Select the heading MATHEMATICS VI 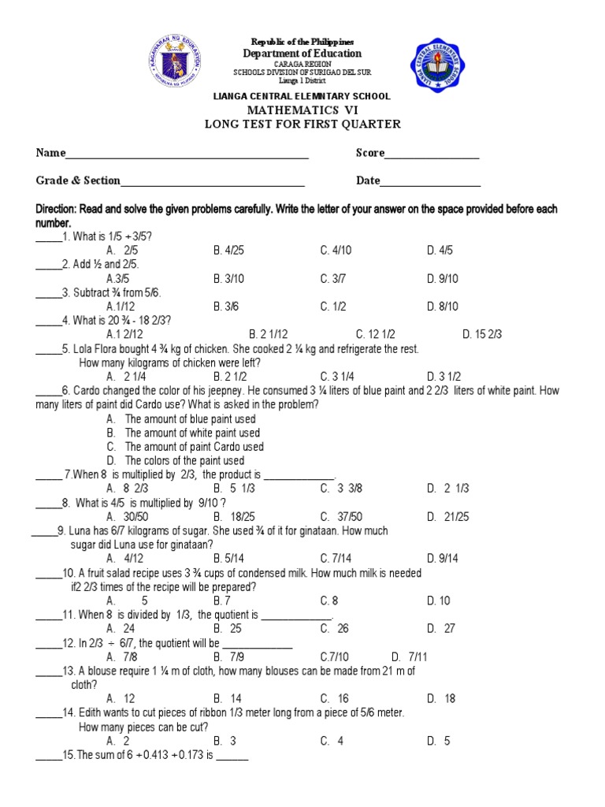[303, 110]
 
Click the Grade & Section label [77, 180]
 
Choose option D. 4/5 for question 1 [440, 250]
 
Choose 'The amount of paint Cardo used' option [194, 447]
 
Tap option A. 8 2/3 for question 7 [126, 489]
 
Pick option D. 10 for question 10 [439, 601]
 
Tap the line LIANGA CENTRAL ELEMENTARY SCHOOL [302, 96]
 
